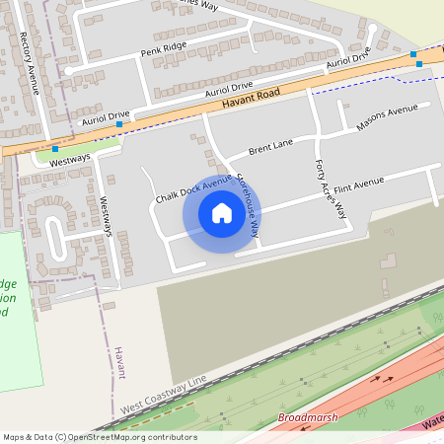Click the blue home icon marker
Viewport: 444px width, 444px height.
[222, 213]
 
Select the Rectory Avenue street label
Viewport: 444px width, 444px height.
[31, 63]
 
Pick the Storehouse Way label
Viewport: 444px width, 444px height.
[249, 206]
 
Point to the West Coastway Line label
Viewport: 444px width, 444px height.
[165, 394]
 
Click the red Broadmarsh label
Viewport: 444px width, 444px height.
[308, 418]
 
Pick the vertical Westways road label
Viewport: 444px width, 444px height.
[108, 215]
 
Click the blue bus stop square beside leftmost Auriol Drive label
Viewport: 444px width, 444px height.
[119, 124]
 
